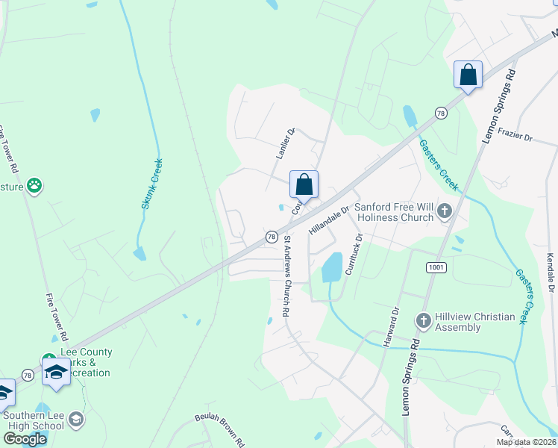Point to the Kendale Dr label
pos(550,273)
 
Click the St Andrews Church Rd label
pos(286,277)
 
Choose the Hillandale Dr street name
pos(329,221)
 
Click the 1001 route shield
pos(436,267)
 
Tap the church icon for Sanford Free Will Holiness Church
pos(445,210)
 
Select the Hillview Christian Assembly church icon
pos(423,321)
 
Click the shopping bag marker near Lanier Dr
pos(304,184)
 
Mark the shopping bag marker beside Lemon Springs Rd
pos(468,75)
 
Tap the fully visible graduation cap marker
pos(56,372)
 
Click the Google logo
pos(25,439)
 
